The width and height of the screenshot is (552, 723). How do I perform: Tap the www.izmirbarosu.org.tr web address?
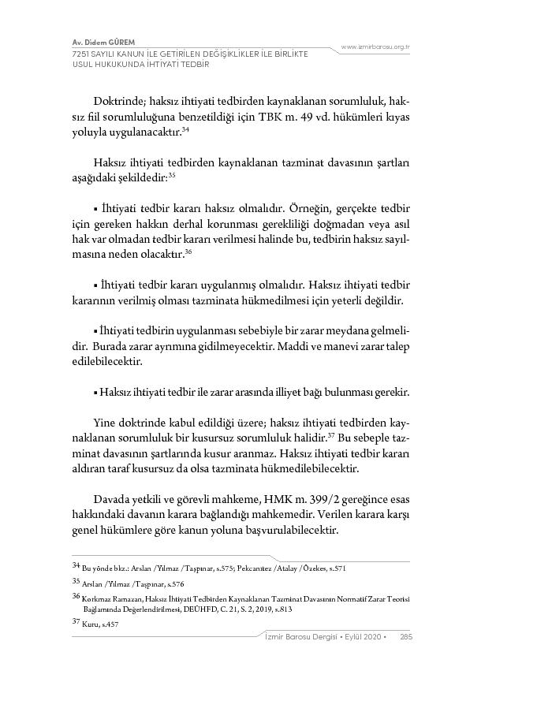click(375, 47)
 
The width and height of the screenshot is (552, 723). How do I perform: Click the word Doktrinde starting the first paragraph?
click(118, 101)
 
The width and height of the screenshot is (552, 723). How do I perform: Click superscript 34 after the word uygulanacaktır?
click(185, 129)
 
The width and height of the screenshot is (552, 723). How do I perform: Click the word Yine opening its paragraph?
click(106, 422)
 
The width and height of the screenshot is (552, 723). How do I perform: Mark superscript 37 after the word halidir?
click(332, 434)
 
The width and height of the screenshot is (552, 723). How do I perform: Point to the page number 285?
click(406, 637)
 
